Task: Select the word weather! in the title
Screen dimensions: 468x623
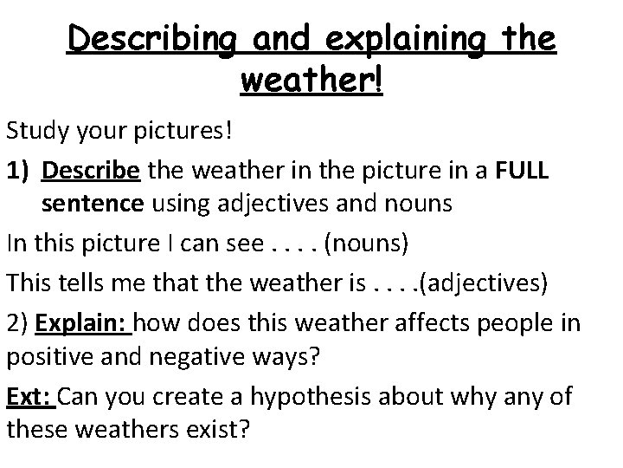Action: coord(311,82)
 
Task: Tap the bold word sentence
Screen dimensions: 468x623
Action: coord(95,205)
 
